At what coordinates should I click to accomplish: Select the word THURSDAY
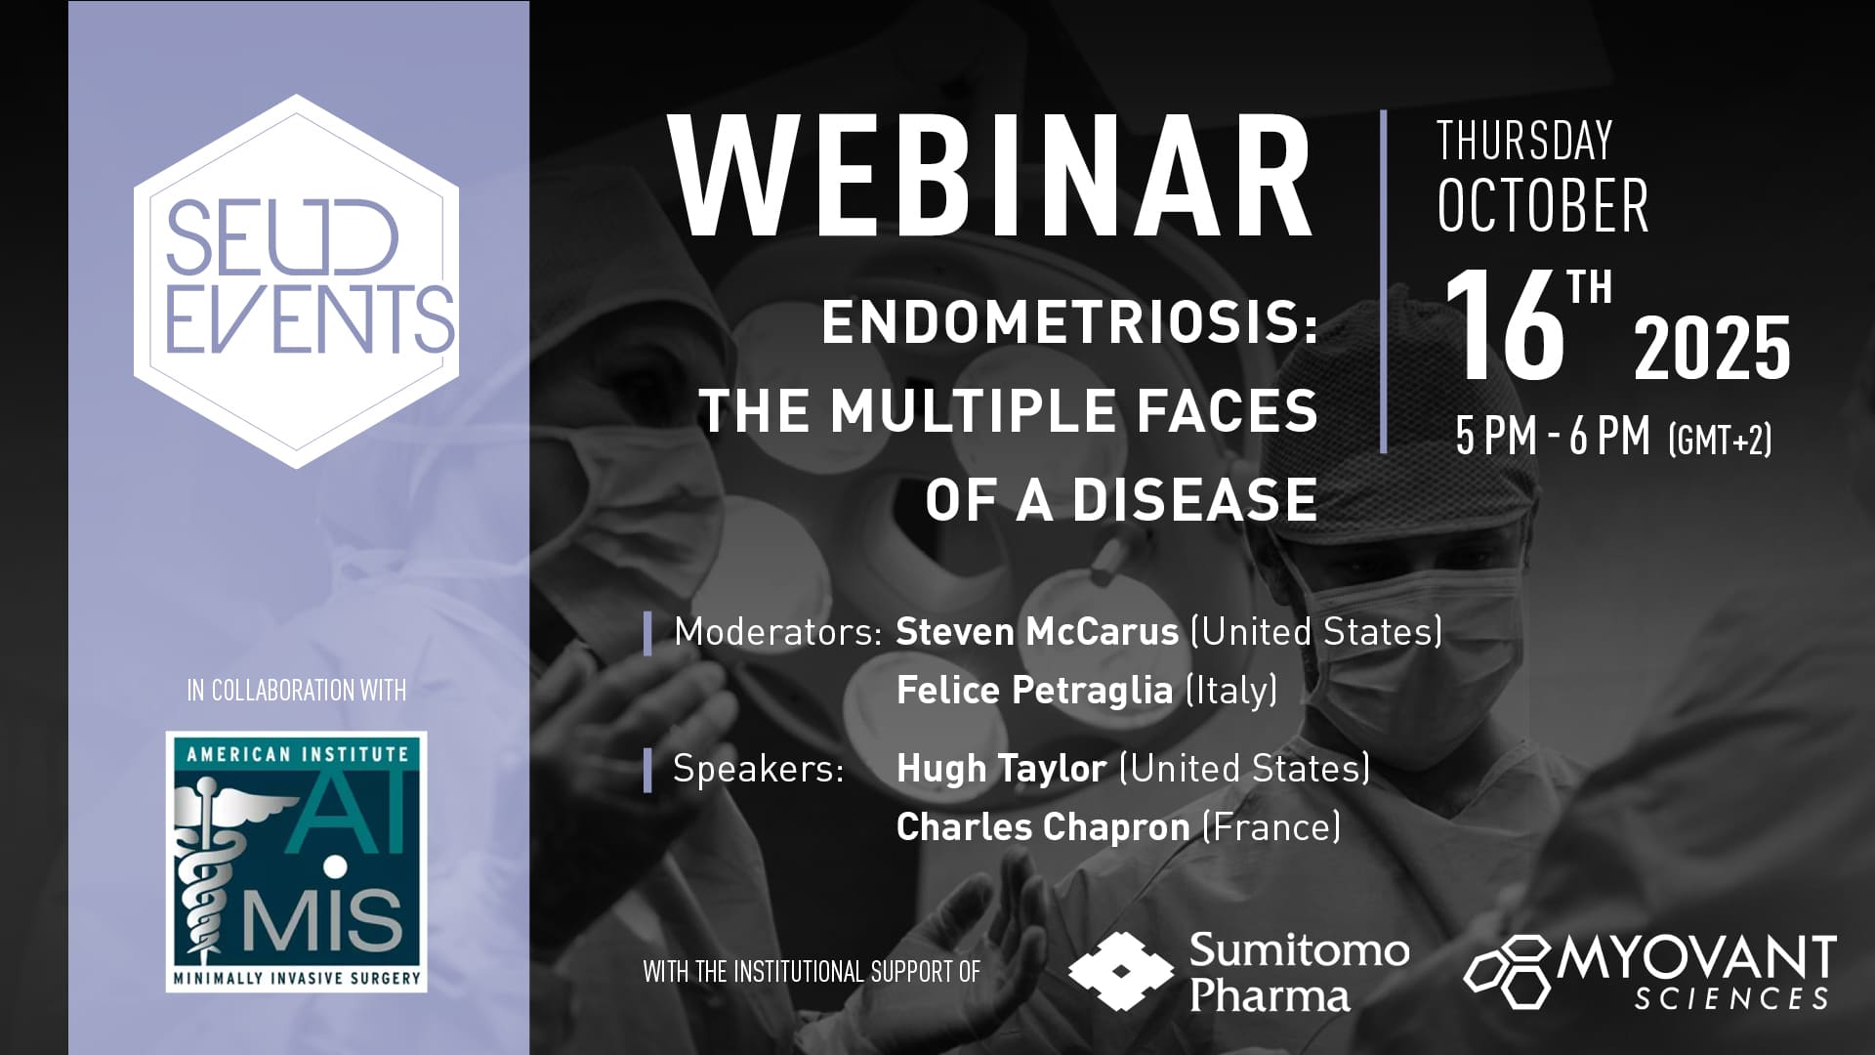(1524, 141)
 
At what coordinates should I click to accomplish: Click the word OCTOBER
(1542, 205)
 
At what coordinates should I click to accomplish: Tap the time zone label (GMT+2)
(1720, 440)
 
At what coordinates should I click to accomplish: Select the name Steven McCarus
(1037, 632)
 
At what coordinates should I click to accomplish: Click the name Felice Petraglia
(1034, 691)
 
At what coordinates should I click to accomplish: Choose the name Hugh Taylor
(1001, 769)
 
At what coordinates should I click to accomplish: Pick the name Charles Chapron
(1043, 827)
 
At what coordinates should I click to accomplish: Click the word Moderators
(778, 632)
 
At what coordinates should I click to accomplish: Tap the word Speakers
(759, 769)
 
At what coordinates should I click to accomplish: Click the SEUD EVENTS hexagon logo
(296, 281)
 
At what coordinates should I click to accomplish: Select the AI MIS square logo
(296, 862)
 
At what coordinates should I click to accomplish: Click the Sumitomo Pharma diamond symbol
(1120, 971)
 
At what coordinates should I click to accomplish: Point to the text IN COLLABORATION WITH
(296, 691)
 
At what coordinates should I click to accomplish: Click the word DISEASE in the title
(1194, 500)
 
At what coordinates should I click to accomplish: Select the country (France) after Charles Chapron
(1271, 827)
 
